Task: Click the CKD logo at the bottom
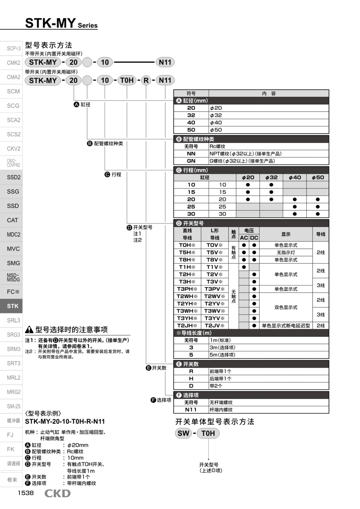[57, 493]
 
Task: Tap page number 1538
[25, 493]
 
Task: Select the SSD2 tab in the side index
[13, 177]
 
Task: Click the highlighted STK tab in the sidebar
[13, 306]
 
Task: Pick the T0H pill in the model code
[126, 80]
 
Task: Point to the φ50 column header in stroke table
[317, 178]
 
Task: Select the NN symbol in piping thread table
[191, 153]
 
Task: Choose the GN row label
[191, 161]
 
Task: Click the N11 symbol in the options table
[191, 410]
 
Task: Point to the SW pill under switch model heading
[183, 433]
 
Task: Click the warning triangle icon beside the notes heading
[29, 330]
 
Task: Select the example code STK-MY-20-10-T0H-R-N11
[65, 421]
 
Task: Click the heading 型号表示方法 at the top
[48, 45]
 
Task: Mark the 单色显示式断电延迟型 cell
[286, 326]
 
